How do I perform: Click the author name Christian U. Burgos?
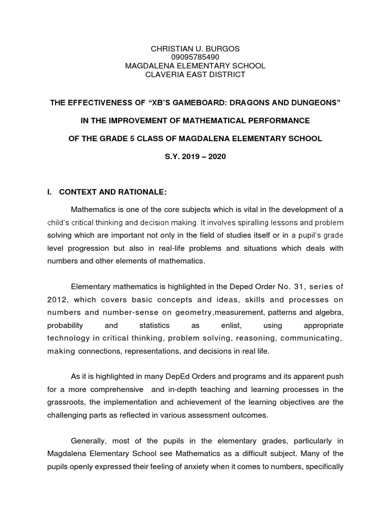195,48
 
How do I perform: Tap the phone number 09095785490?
195,57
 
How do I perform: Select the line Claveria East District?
195,74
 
